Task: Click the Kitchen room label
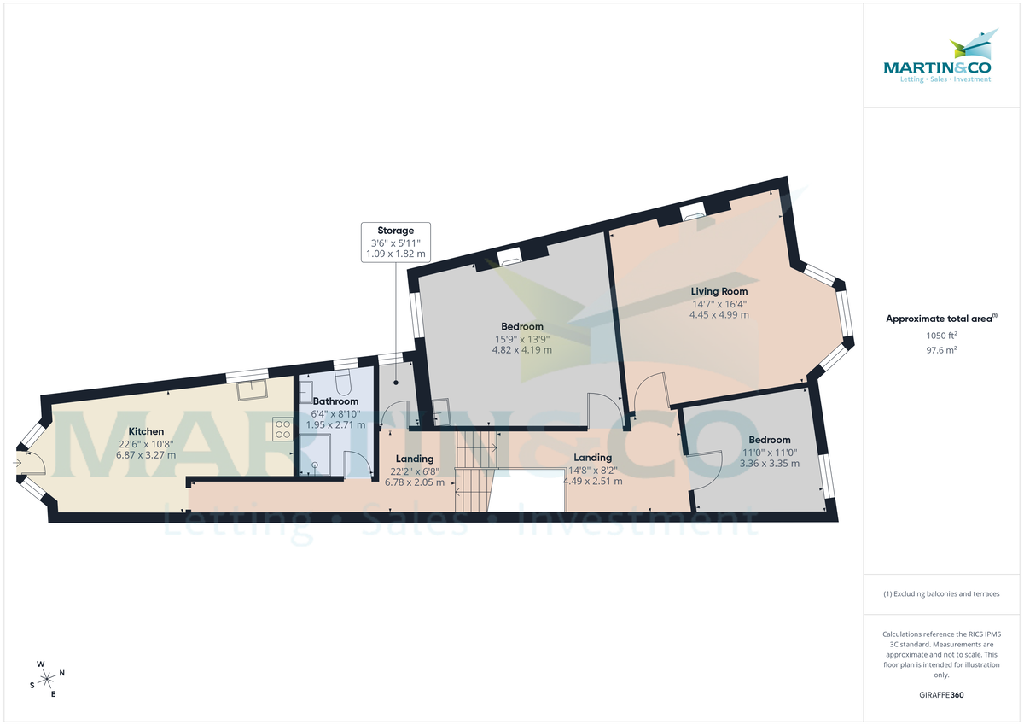click(146, 431)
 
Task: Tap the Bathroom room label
click(335, 401)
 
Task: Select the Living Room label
click(719, 291)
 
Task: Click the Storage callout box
click(395, 242)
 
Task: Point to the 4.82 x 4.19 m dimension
click(522, 349)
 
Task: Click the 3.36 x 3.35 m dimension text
click(770, 464)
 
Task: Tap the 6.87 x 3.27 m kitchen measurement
click(146, 455)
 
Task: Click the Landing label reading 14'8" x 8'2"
click(592, 469)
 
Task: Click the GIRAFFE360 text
click(941, 695)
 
